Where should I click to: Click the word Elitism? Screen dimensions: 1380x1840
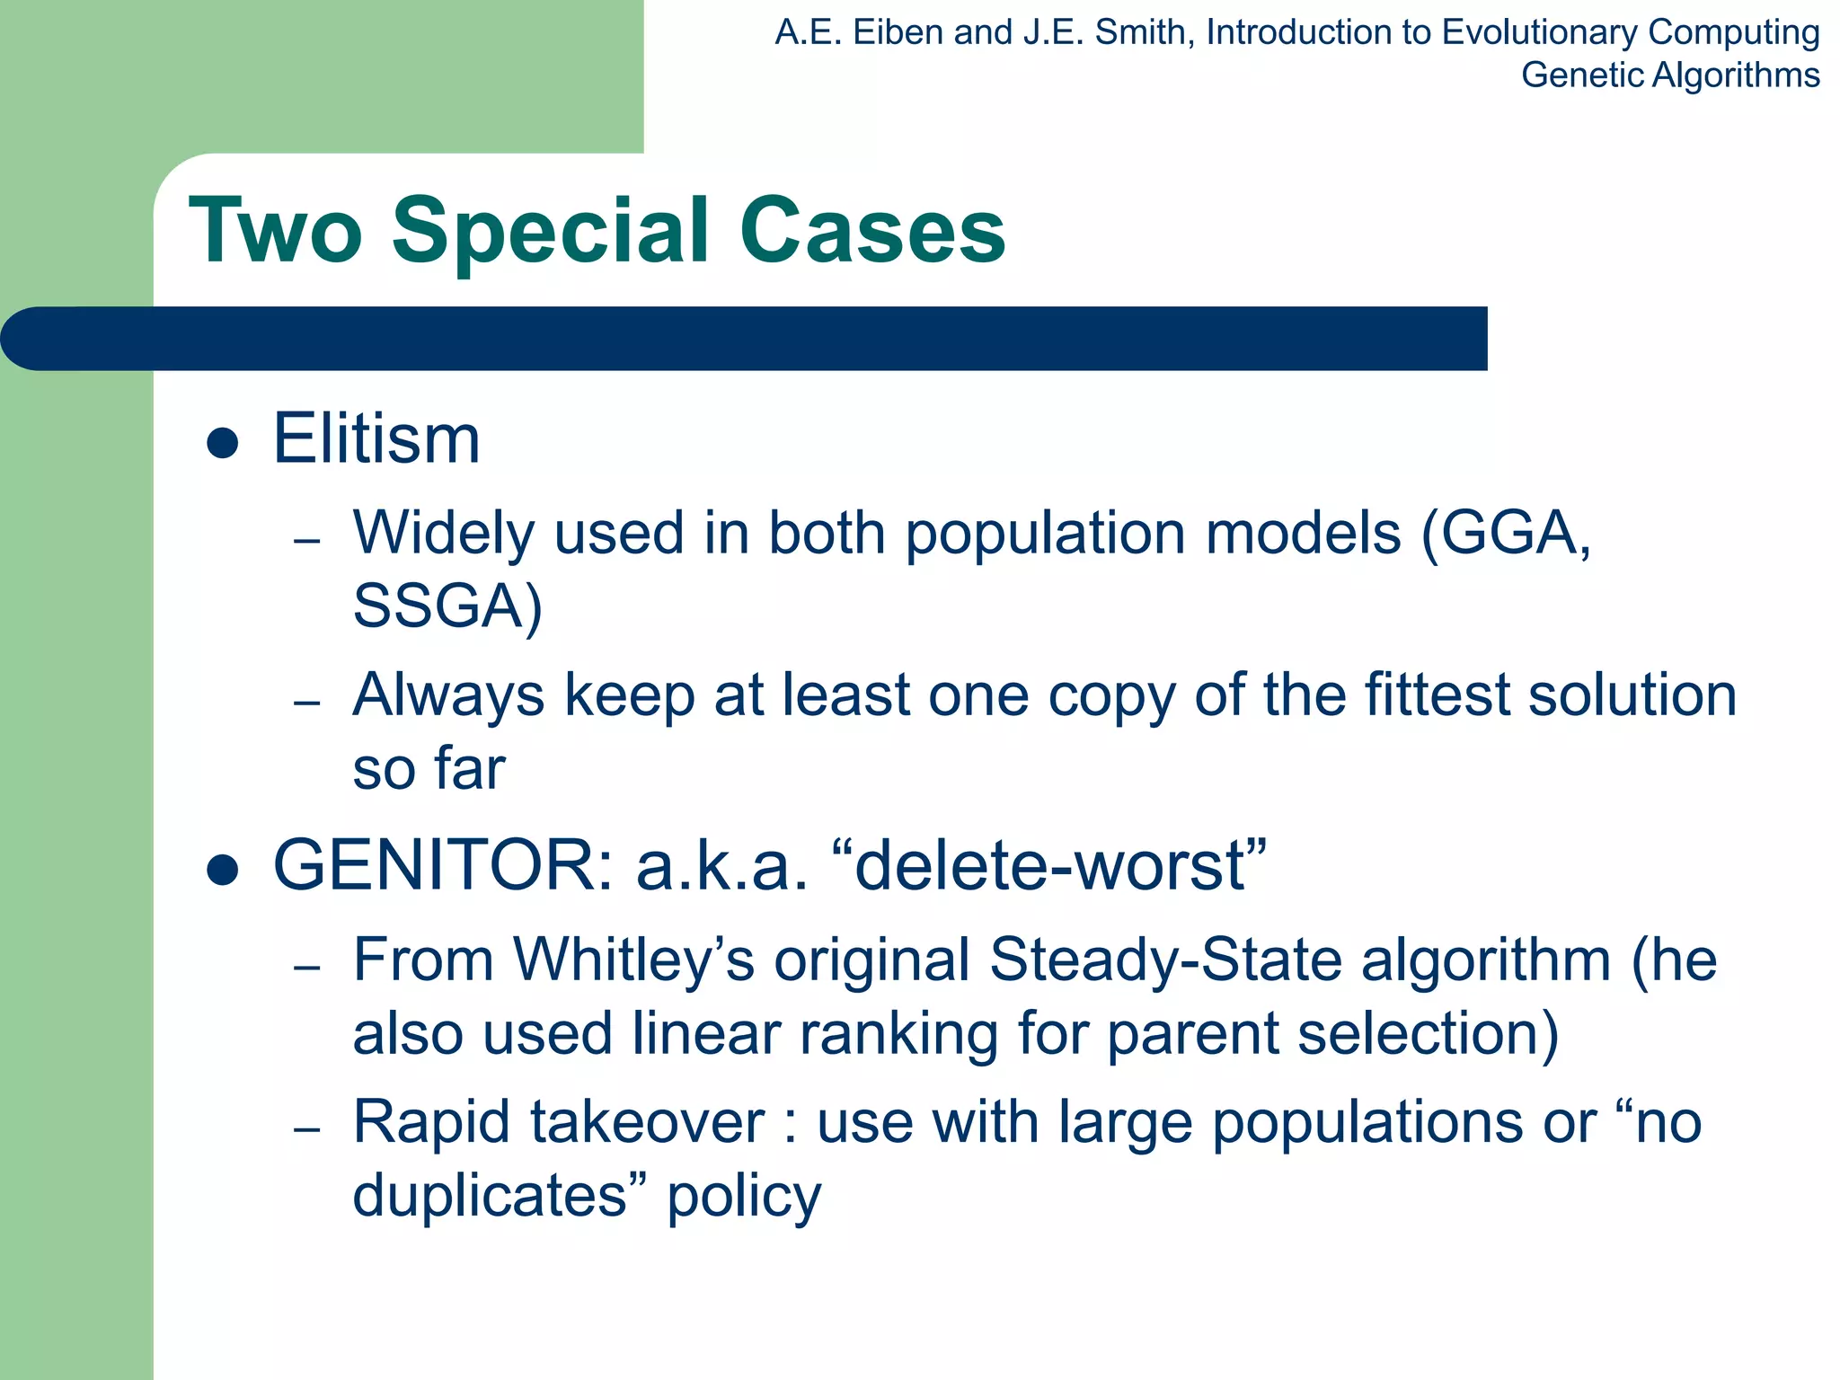point(376,439)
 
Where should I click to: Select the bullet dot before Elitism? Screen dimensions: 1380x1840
point(222,443)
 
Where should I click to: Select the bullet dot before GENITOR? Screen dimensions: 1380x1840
point(222,869)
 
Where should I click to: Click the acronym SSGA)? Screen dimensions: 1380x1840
point(447,606)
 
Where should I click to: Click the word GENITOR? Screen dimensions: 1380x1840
point(443,865)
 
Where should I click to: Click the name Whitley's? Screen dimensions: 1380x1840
point(633,960)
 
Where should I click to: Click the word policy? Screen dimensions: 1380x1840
point(743,1197)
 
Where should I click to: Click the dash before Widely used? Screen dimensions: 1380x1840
point(307,541)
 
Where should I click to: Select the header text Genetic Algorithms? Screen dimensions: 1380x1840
point(1669,75)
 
